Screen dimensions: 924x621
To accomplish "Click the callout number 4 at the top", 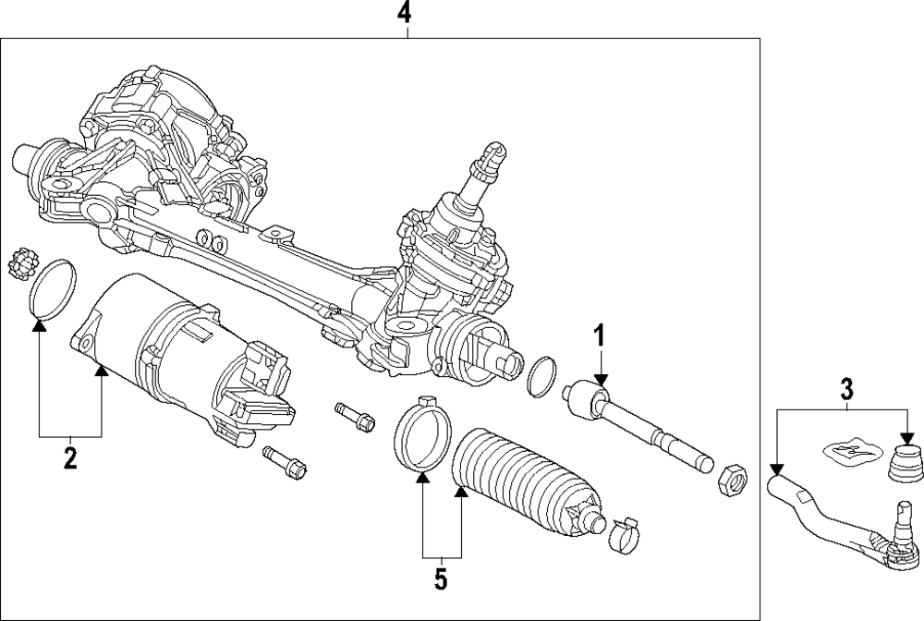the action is [404, 13].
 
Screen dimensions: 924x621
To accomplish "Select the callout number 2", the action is [70, 457].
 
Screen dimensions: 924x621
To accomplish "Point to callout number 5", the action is [441, 579].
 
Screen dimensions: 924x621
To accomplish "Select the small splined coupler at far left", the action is [22, 264].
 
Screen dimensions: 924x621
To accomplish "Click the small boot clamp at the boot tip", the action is [625, 536].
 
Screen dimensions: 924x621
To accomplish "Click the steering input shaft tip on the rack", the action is [493, 154].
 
